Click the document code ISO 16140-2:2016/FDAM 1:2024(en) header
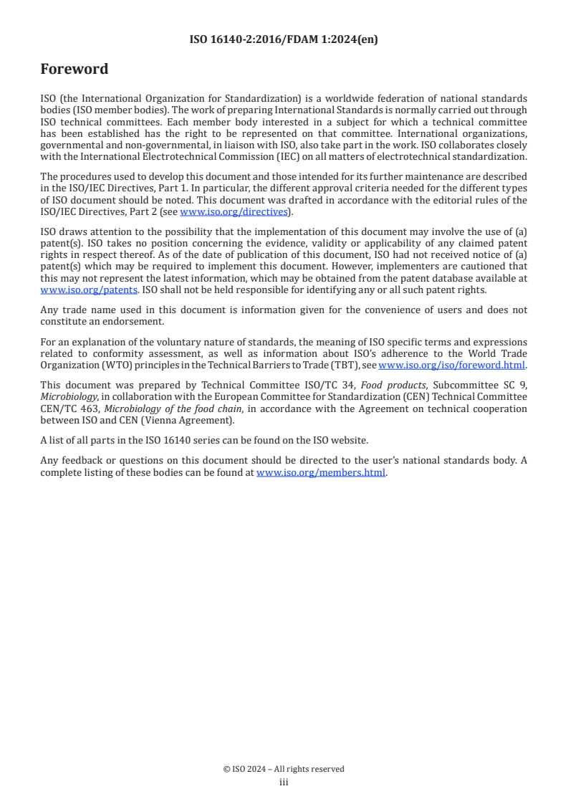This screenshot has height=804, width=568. pyautogui.click(x=284, y=40)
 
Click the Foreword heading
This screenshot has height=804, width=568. pyautogui.click(x=74, y=70)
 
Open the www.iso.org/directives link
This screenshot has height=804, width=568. pyautogui.click(x=233, y=211)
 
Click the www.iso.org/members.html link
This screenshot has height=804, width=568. pyautogui.click(x=321, y=473)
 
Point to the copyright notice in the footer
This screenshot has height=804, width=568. pyautogui.click(x=284, y=769)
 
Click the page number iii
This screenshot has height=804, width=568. pyautogui.click(x=284, y=782)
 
